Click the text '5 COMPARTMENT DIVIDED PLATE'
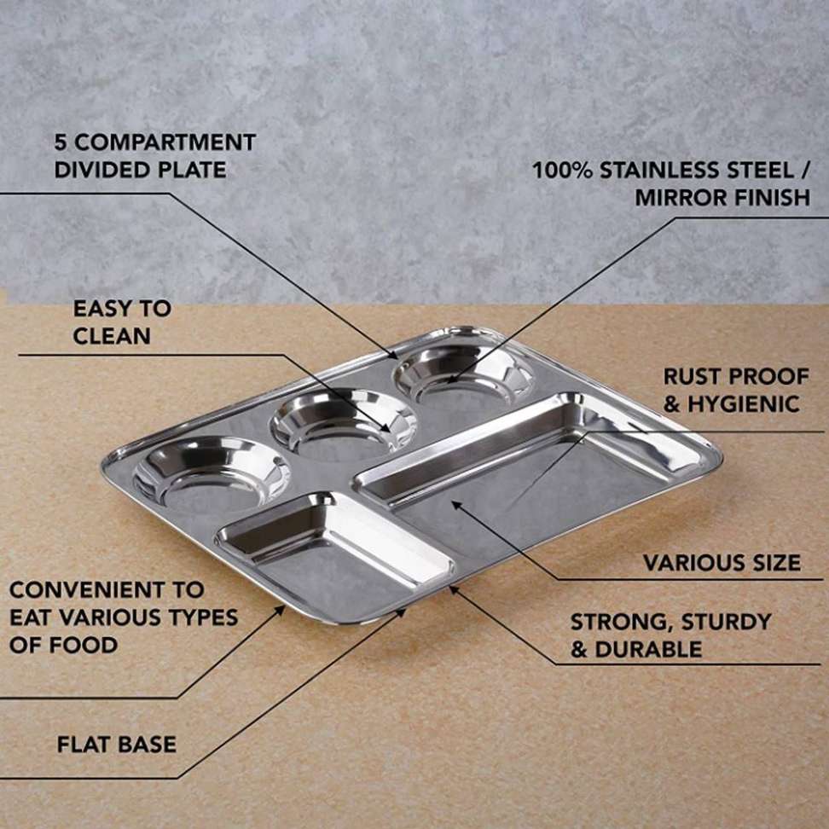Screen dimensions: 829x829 (154, 155)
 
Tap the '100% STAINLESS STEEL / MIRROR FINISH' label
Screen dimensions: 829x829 (671, 183)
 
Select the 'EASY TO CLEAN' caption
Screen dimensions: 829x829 (121, 322)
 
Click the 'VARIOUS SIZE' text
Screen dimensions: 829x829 (722, 563)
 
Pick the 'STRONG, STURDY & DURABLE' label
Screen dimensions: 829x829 (670, 635)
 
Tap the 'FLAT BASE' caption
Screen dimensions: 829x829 (116, 744)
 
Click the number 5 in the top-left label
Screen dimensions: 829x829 (61, 142)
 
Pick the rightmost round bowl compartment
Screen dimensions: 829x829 (462, 373)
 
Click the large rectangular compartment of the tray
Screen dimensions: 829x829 (529, 478)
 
